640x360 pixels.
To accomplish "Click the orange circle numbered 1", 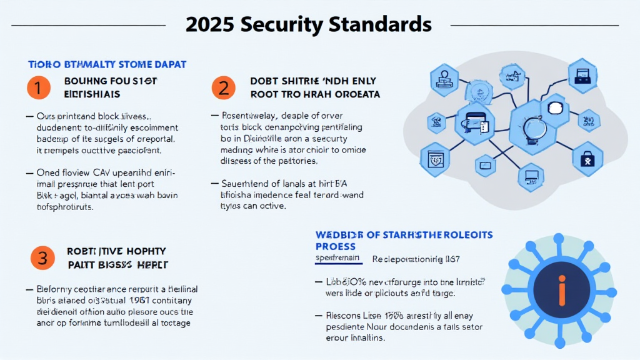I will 37,88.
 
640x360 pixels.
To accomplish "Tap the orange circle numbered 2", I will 223,88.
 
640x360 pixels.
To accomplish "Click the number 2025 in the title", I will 211,24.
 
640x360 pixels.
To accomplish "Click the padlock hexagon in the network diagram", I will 587,159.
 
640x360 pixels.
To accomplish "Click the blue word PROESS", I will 336,246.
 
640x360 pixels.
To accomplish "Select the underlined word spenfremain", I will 338,257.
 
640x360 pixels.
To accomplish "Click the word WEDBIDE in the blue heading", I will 338,235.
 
